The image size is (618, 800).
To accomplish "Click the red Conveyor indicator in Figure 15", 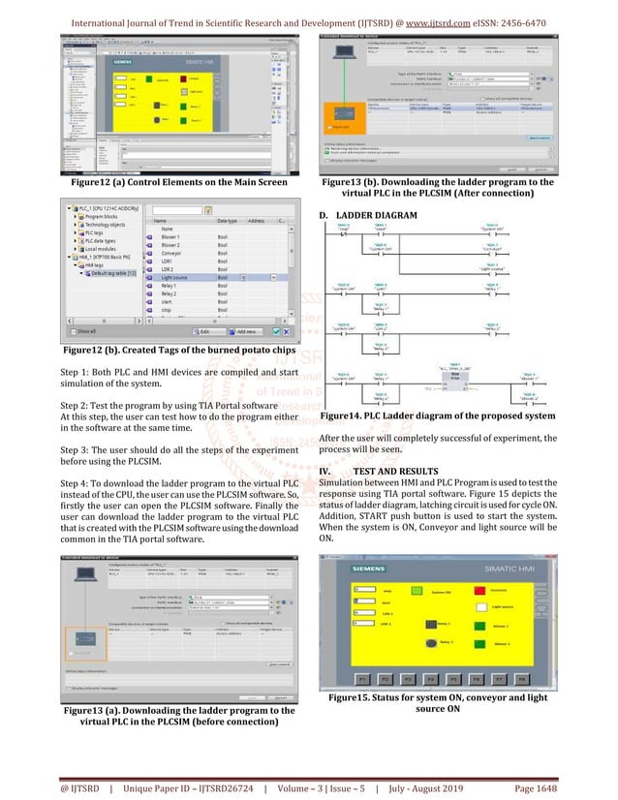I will pyautogui.click(x=479, y=589).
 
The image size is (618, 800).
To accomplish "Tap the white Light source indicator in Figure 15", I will pyautogui.click(x=479, y=607).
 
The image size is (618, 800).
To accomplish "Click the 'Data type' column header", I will pyautogui.click(x=229, y=221).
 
